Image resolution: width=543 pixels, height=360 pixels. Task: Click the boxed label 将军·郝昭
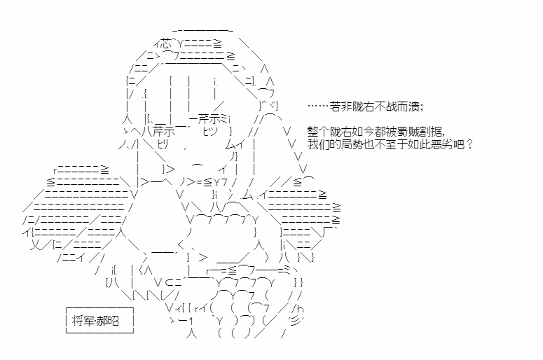tap(99, 320)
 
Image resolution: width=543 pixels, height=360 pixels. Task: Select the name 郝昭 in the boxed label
tap(108, 321)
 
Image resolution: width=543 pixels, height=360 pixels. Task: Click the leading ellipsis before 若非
tap(318, 106)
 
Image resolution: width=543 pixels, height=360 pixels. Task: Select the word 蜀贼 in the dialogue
tap(408, 132)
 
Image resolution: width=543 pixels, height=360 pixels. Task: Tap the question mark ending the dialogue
tap(469, 144)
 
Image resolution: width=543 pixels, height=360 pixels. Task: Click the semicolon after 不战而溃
tap(422, 107)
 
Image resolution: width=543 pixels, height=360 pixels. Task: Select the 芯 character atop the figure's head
tap(166, 44)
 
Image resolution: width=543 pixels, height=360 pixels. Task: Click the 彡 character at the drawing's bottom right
tap(295, 321)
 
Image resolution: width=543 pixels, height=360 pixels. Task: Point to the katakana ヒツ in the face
tap(210, 132)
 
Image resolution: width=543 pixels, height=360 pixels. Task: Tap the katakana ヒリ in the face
tap(163, 144)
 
